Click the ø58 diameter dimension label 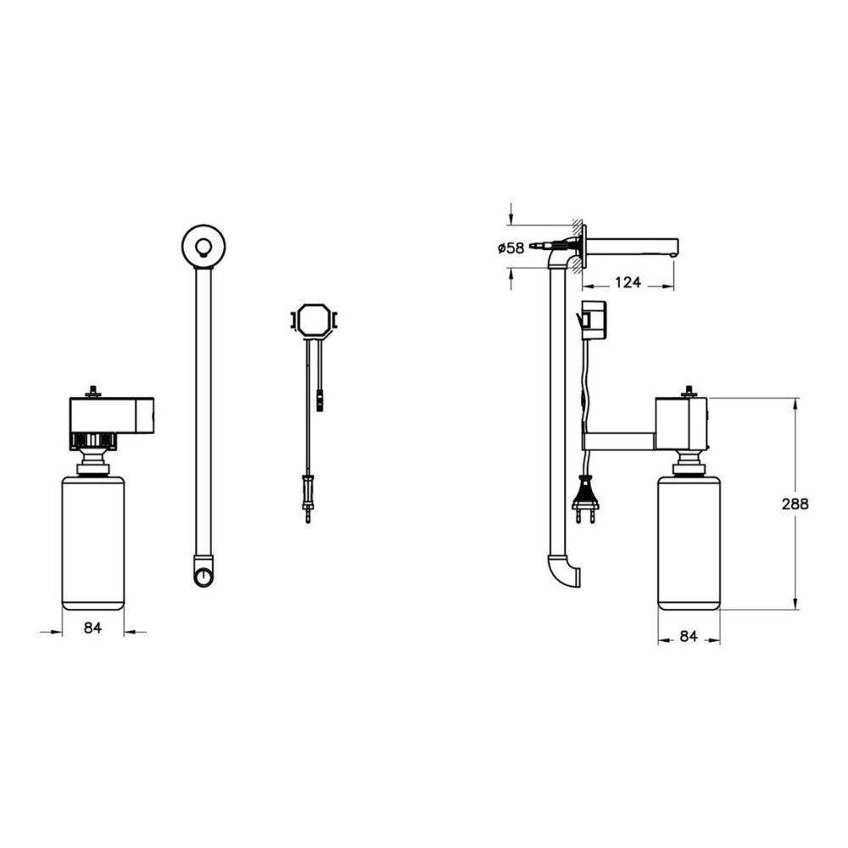(x=511, y=248)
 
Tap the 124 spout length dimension (x=628, y=282)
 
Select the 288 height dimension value (x=795, y=504)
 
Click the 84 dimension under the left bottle (x=93, y=628)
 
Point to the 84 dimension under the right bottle (x=689, y=637)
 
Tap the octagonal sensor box (x=315, y=321)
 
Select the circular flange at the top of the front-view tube (x=204, y=247)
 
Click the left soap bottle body (x=93, y=543)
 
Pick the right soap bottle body (x=689, y=543)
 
